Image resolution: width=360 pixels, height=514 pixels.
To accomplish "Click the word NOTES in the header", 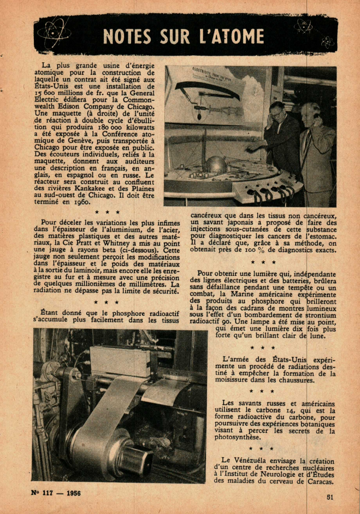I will click(x=127, y=37).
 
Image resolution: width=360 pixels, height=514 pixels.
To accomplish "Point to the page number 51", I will click(x=330, y=497).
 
